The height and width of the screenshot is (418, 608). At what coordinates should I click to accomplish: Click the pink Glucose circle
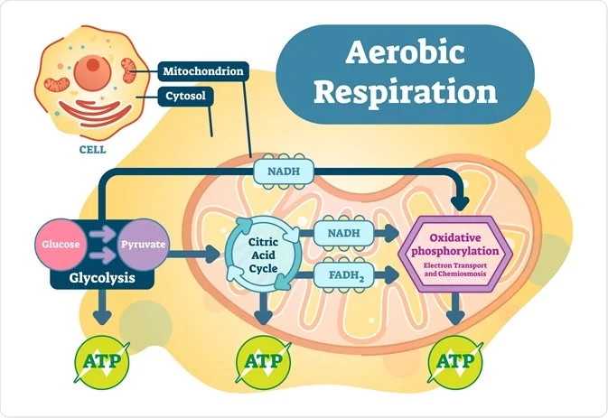tap(61, 245)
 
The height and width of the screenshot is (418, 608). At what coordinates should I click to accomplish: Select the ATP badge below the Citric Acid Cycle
tap(262, 361)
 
